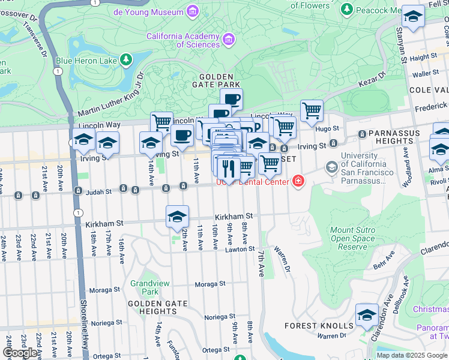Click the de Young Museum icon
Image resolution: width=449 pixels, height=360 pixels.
click(x=192, y=11)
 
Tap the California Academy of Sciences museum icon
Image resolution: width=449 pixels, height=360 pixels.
click(x=228, y=40)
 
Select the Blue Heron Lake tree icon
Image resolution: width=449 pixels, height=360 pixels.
click(x=125, y=59)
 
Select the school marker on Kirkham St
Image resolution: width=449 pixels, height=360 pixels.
click(x=177, y=217)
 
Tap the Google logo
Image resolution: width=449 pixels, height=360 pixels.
click(x=20, y=353)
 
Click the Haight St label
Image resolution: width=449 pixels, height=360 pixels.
click(x=424, y=57)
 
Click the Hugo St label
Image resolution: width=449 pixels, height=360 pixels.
click(x=328, y=128)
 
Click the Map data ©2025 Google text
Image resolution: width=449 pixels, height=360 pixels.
click(x=412, y=355)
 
